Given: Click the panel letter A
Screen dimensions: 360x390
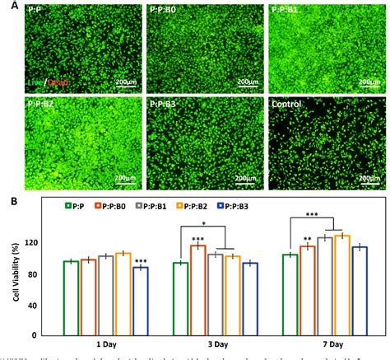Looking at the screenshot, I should pyautogui.click(x=8, y=5).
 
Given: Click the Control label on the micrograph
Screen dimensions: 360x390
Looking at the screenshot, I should pyautogui.click(x=290, y=105).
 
